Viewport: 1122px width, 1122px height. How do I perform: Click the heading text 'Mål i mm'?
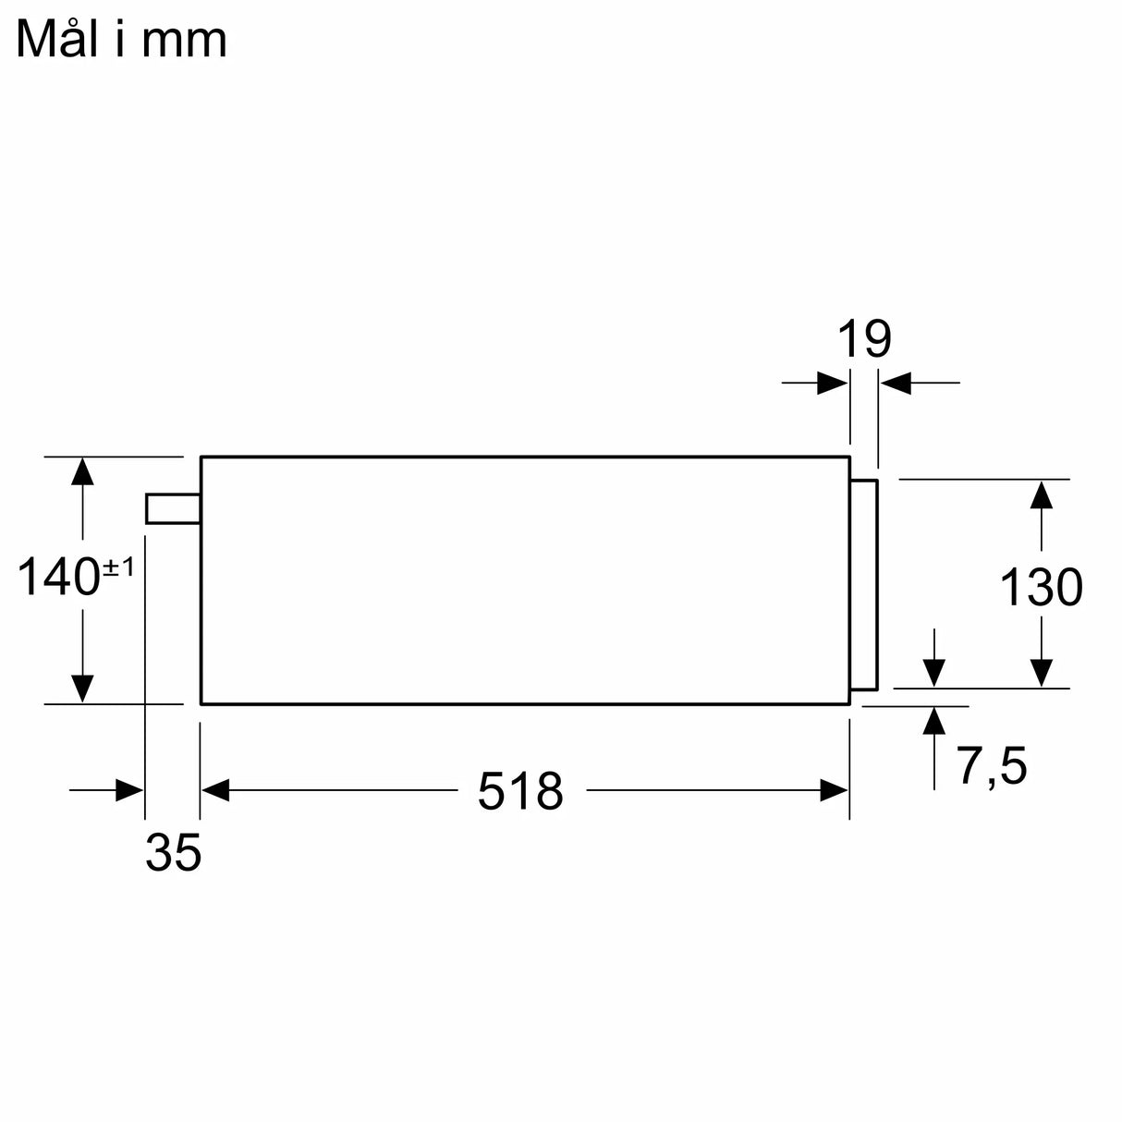121,40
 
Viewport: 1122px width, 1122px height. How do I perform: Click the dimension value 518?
520,792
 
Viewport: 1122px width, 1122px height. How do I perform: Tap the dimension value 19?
863,339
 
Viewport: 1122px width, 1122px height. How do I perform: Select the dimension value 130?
1041,588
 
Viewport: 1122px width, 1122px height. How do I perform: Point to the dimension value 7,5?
991,766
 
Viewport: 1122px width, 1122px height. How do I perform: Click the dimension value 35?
173,853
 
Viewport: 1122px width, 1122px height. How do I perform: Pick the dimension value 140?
59,578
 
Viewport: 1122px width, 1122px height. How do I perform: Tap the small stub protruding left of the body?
172,508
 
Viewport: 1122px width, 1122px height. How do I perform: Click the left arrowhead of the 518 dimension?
215,790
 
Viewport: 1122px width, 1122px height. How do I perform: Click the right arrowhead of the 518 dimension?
834,790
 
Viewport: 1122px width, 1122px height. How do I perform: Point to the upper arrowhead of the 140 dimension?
82,470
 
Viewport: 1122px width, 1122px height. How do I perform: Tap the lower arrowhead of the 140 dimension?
82,689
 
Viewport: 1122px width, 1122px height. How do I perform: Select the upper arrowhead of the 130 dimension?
1042,494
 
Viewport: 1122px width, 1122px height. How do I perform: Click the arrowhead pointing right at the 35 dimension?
129,790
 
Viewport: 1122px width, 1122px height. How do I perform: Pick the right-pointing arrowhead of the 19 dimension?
833,382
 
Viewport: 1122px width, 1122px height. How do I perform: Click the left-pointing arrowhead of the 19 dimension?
895,382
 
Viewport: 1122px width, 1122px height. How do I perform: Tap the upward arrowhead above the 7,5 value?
934,720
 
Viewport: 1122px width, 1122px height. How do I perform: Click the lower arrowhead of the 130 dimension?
1042,673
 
